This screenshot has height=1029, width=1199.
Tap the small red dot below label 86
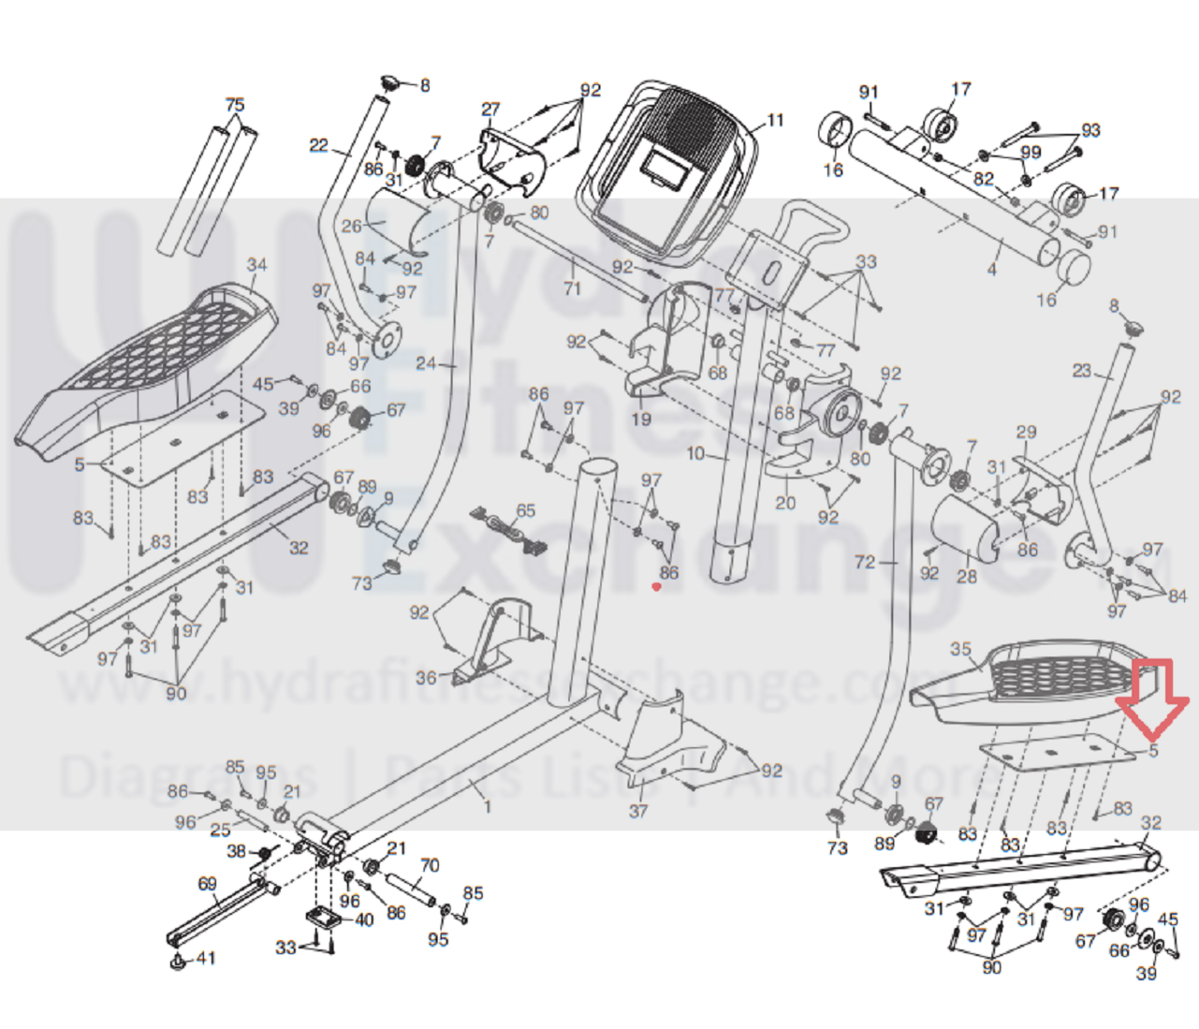point(656,587)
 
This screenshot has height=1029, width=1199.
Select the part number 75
point(235,104)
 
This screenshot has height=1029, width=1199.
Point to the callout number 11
point(774,120)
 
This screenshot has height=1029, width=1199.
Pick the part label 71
point(572,287)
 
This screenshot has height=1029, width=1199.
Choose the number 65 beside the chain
point(526,510)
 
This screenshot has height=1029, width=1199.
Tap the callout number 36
point(426,677)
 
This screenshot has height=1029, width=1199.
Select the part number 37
point(637,811)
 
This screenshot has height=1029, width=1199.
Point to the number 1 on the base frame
point(487,804)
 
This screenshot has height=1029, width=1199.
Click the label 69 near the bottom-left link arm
point(207,883)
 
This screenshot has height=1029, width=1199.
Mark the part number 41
point(206,958)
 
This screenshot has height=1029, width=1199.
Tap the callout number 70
point(430,864)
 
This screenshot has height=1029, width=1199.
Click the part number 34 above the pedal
point(256,265)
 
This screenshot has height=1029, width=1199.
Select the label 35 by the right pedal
point(960,649)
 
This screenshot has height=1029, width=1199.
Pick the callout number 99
point(1031,152)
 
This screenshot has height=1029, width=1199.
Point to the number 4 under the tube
point(992,270)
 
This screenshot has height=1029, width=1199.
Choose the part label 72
point(865,562)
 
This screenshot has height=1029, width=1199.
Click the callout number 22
point(319,145)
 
